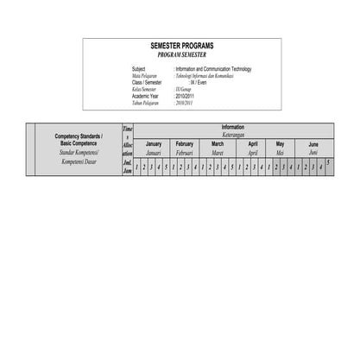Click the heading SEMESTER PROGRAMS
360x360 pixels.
coord(181,46)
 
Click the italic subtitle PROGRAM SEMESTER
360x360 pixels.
coord(181,54)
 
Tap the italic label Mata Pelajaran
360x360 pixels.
coord(146,75)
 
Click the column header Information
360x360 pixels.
coord(232,127)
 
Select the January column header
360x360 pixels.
coord(154,144)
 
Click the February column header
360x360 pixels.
coord(185,144)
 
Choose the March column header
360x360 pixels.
coord(218,144)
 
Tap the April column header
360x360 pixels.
coord(252,144)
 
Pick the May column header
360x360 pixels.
coord(280,144)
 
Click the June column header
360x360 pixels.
coord(313,144)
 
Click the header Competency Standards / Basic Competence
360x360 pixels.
coord(79,139)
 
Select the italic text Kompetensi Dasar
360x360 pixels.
coord(79,161)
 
